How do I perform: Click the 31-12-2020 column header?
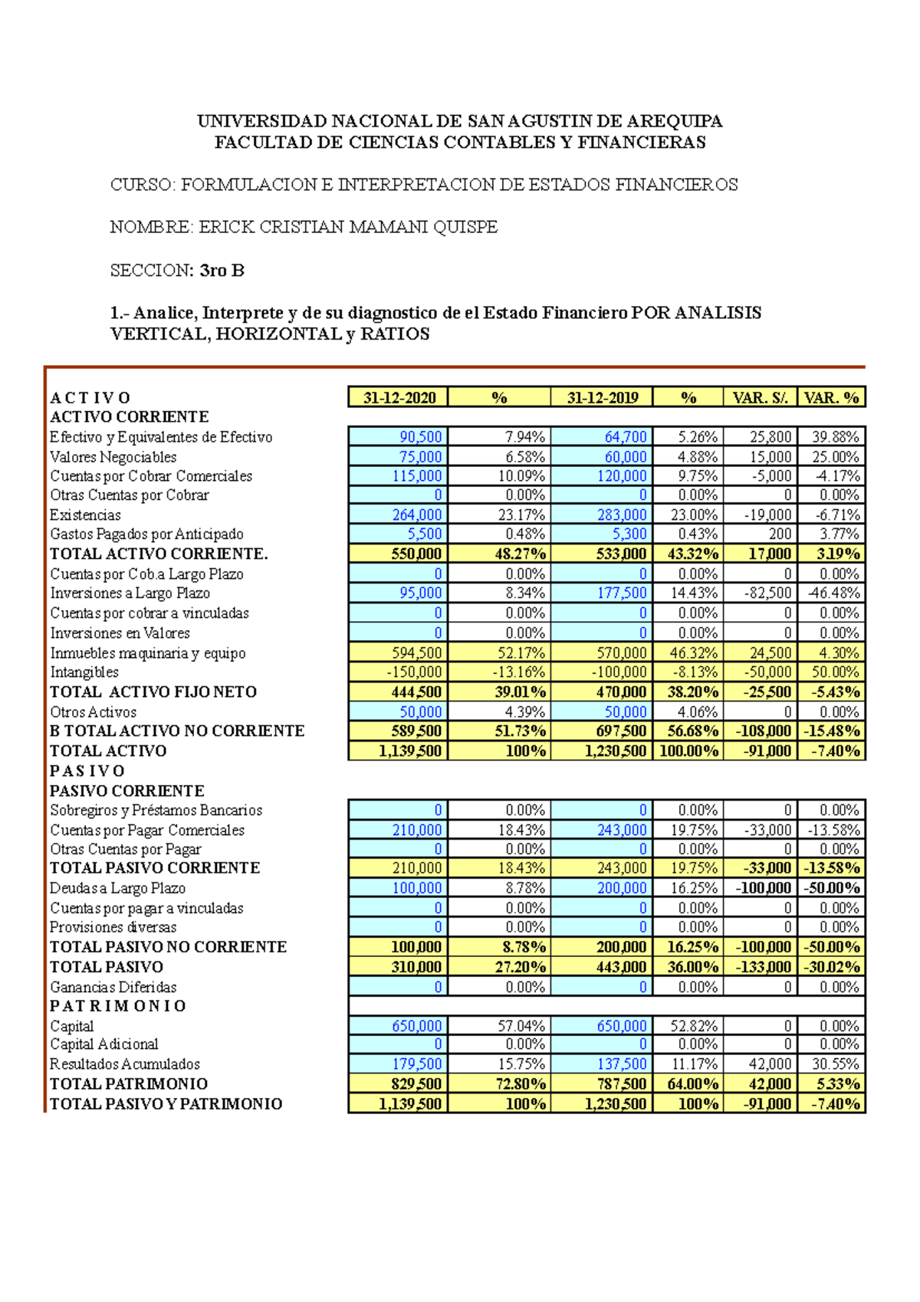399,397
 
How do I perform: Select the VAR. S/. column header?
760,397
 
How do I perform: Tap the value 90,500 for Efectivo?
420,437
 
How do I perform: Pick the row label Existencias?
85,515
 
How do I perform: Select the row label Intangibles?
84,672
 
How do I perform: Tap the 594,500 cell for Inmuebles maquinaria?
416,653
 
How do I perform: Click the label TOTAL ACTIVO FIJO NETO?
153,692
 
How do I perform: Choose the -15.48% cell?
831,732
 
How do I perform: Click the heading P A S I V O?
87,771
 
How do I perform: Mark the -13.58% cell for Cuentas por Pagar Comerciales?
833,830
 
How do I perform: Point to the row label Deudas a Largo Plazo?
117,889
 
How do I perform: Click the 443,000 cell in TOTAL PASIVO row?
622,968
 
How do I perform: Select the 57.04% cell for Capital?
525,1027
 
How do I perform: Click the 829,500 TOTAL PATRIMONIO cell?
416,1084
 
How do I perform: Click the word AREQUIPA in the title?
675,121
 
